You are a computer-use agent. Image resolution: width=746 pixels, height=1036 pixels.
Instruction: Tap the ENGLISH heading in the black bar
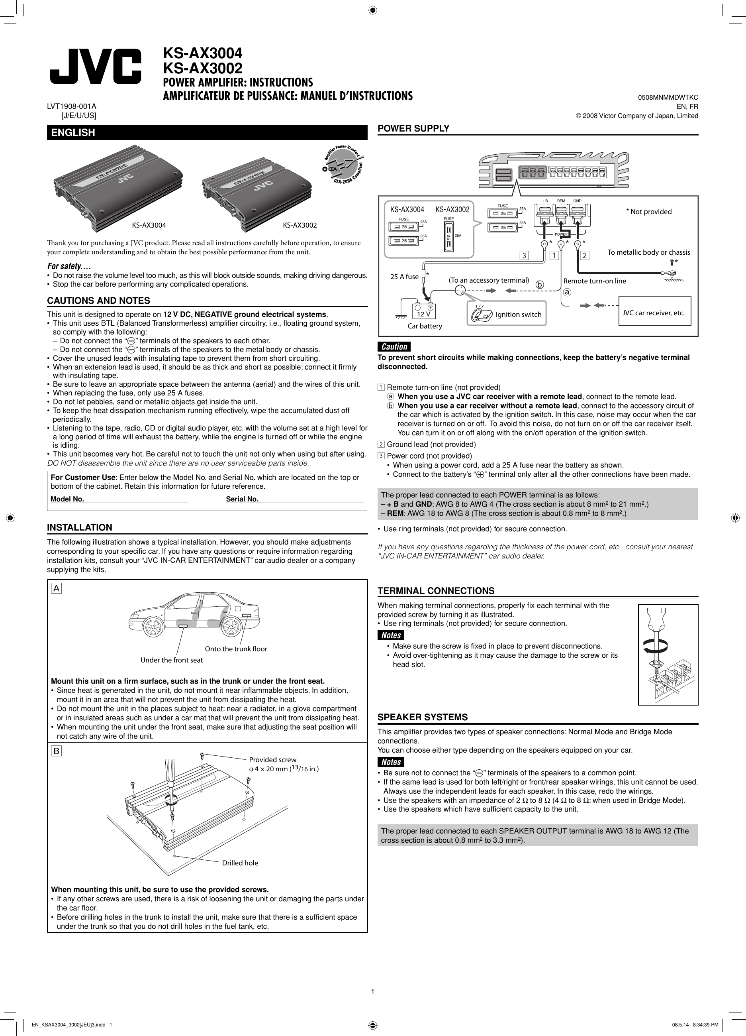point(73,132)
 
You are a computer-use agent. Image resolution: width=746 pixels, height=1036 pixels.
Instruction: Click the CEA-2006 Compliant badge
point(344,165)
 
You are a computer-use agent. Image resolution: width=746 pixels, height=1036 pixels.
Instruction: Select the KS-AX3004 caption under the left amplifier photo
point(149,225)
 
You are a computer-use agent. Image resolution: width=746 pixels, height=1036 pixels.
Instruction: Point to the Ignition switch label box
point(507,314)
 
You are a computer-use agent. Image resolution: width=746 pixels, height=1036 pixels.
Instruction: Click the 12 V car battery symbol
point(424,311)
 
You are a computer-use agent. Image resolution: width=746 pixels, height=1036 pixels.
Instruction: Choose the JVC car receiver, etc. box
point(654,313)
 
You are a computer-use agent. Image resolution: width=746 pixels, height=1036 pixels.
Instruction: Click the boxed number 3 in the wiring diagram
point(525,256)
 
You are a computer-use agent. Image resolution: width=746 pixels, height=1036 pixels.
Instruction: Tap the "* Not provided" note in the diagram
point(649,212)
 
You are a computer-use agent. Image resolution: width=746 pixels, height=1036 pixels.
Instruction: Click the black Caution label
point(394,347)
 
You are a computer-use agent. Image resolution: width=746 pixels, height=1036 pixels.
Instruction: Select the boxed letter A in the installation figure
point(57,588)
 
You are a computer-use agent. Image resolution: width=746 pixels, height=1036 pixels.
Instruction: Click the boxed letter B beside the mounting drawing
point(57,751)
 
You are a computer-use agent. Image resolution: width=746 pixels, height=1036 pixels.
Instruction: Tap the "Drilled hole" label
point(240,863)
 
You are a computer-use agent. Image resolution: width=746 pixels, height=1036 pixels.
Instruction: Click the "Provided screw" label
point(272,760)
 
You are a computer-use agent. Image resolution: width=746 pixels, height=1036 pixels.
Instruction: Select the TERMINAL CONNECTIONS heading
point(436,591)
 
